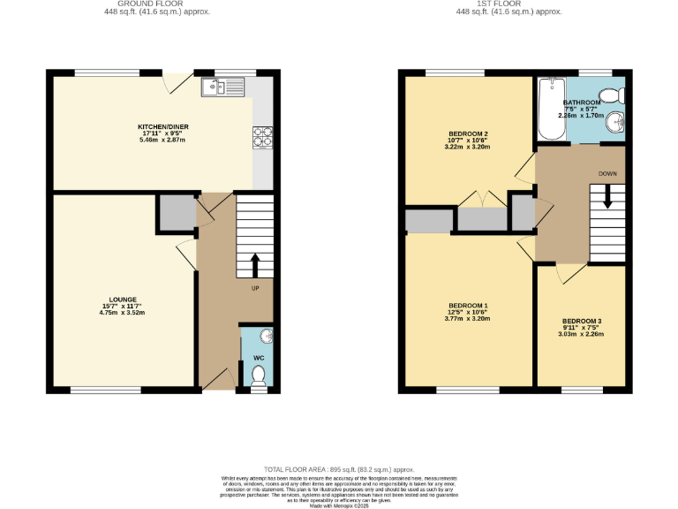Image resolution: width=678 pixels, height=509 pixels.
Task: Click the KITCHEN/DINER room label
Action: (162, 127)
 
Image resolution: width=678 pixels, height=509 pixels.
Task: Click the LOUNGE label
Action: (122, 299)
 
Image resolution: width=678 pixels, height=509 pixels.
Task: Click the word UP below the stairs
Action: (256, 288)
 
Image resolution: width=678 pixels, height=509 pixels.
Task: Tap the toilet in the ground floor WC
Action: (259, 376)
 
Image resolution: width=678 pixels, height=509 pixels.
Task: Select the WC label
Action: (259, 358)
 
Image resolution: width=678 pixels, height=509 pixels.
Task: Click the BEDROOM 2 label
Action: (468, 133)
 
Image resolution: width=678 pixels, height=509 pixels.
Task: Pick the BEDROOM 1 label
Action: (468, 305)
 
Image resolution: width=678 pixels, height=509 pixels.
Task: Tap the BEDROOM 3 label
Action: (582, 321)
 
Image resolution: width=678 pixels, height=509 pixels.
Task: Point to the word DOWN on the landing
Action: (607, 174)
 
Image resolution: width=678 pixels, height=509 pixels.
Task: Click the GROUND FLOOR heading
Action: (157, 4)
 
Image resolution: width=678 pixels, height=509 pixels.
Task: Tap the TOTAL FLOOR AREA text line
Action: (339, 469)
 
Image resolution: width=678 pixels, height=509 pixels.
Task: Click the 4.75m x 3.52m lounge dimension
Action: (122, 313)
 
